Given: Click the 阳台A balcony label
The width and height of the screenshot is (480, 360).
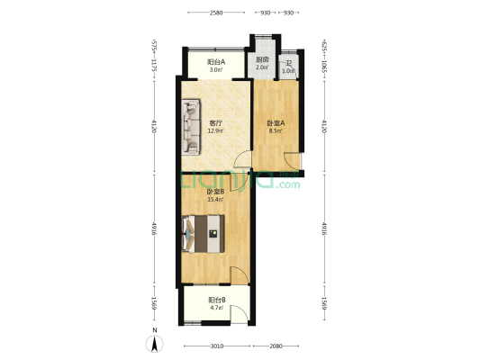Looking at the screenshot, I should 215,62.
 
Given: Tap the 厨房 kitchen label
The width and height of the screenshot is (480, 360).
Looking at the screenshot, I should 262,60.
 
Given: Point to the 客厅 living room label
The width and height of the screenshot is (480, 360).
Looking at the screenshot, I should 216,123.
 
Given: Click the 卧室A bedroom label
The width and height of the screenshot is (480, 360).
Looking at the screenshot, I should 275,123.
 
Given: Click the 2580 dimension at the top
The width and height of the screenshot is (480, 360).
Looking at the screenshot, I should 216,13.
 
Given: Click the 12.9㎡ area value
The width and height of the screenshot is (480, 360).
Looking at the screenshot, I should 216,131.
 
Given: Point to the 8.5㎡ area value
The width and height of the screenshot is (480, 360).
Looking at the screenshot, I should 275,131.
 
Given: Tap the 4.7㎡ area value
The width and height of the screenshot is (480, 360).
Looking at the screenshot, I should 216,308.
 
